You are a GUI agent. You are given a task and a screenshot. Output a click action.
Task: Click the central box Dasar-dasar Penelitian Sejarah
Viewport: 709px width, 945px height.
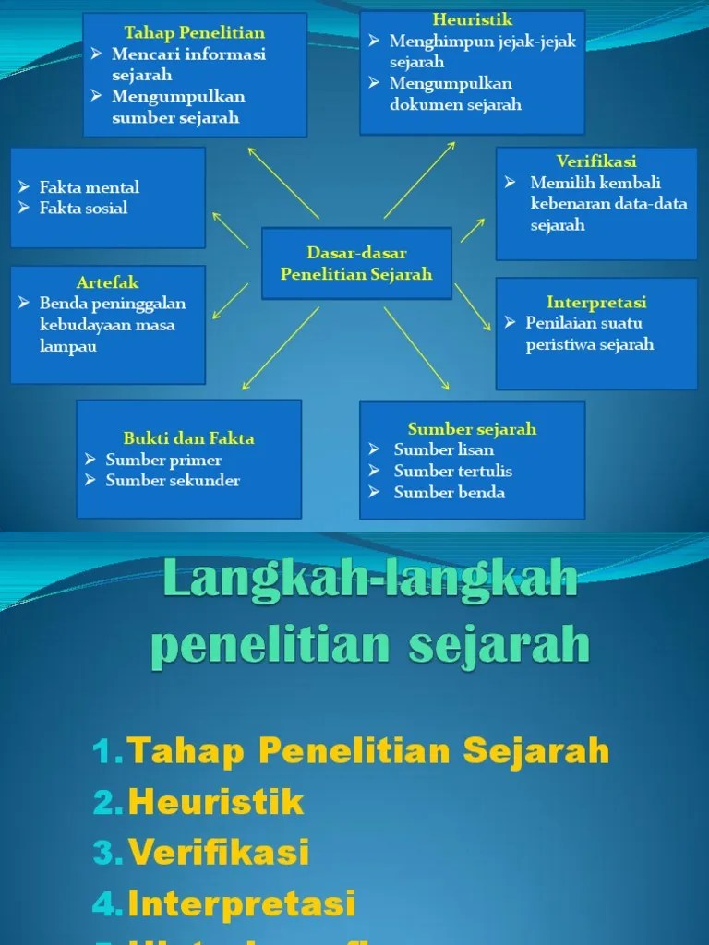[356, 263]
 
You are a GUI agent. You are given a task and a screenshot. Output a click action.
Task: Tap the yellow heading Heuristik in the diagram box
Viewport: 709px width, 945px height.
[472, 19]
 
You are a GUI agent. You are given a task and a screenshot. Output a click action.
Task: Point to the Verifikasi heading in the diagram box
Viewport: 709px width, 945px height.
[596, 161]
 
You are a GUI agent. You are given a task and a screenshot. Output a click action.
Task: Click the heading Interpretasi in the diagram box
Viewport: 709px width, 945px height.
[596, 302]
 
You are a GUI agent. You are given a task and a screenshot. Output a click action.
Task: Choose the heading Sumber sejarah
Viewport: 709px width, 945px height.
[472, 429]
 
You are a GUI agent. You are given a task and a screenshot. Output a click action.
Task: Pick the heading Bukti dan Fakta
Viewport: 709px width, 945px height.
[188, 438]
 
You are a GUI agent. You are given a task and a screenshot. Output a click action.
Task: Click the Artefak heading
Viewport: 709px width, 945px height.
[108, 282]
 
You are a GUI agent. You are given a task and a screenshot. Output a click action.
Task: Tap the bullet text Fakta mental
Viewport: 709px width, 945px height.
[89, 187]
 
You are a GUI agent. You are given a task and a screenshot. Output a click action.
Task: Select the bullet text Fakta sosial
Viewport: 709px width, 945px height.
[83, 209]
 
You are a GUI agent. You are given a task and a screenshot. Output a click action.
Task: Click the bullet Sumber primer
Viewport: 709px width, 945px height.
[163, 460]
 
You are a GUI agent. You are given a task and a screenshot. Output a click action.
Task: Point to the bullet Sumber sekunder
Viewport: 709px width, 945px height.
[173, 481]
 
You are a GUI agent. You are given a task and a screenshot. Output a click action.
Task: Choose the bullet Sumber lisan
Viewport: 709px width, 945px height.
[443, 450]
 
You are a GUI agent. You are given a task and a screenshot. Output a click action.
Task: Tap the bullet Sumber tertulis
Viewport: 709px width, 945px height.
[452, 472]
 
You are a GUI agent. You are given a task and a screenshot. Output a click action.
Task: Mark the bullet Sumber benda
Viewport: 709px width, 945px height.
[449, 493]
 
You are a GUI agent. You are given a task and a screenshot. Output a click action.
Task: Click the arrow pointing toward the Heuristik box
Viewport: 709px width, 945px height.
[420, 180]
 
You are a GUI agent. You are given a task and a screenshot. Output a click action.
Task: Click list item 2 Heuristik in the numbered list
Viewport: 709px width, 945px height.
[216, 801]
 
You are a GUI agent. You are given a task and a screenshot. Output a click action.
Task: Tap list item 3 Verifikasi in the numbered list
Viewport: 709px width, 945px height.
[219, 852]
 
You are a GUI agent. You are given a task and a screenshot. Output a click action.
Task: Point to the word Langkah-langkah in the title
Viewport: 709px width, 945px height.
[370, 582]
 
